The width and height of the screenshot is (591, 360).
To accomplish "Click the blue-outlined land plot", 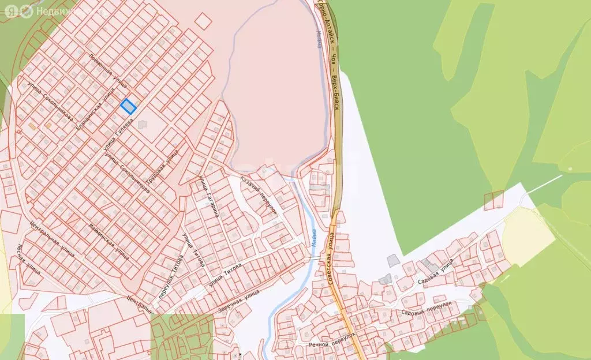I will (x=128, y=106).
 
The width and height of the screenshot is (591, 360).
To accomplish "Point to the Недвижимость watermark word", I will (x=63, y=11).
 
